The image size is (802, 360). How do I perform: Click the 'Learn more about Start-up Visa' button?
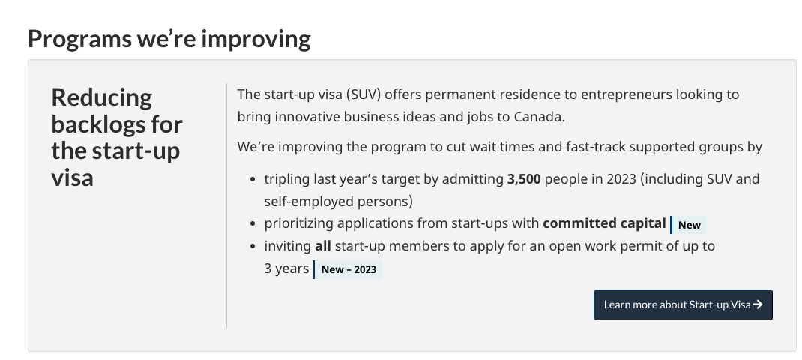click(x=683, y=304)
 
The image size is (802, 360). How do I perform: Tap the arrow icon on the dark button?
click(x=758, y=304)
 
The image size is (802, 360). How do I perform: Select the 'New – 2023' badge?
click(x=347, y=269)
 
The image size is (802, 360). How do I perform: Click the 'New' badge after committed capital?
click(x=689, y=225)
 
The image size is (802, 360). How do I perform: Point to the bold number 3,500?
click(x=524, y=179)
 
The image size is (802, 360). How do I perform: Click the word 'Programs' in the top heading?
click(x=79, y=39)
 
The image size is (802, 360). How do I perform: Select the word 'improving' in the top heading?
click(x=256, y=40)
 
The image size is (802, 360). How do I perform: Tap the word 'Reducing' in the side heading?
click(x=102, y=97)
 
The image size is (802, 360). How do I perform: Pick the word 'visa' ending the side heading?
click(x=72, y=177)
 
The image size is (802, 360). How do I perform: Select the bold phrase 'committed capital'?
click(x=604, y=223)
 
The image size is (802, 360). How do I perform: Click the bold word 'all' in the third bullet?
click(x=323, y=246)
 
